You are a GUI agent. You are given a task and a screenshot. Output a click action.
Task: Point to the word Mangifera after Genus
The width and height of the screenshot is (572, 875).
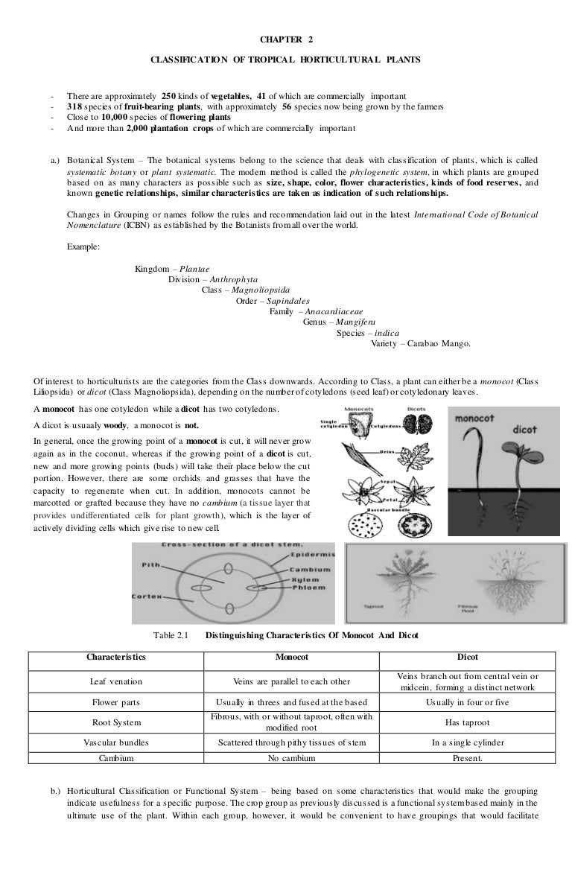click(355, 322)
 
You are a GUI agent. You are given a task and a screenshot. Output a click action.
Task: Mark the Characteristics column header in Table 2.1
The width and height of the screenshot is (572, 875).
click(115, 658)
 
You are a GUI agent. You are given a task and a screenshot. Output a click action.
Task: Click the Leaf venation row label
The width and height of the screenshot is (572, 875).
click(115, 681)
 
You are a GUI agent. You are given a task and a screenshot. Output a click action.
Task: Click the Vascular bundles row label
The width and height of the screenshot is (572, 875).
click(115, 742)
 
